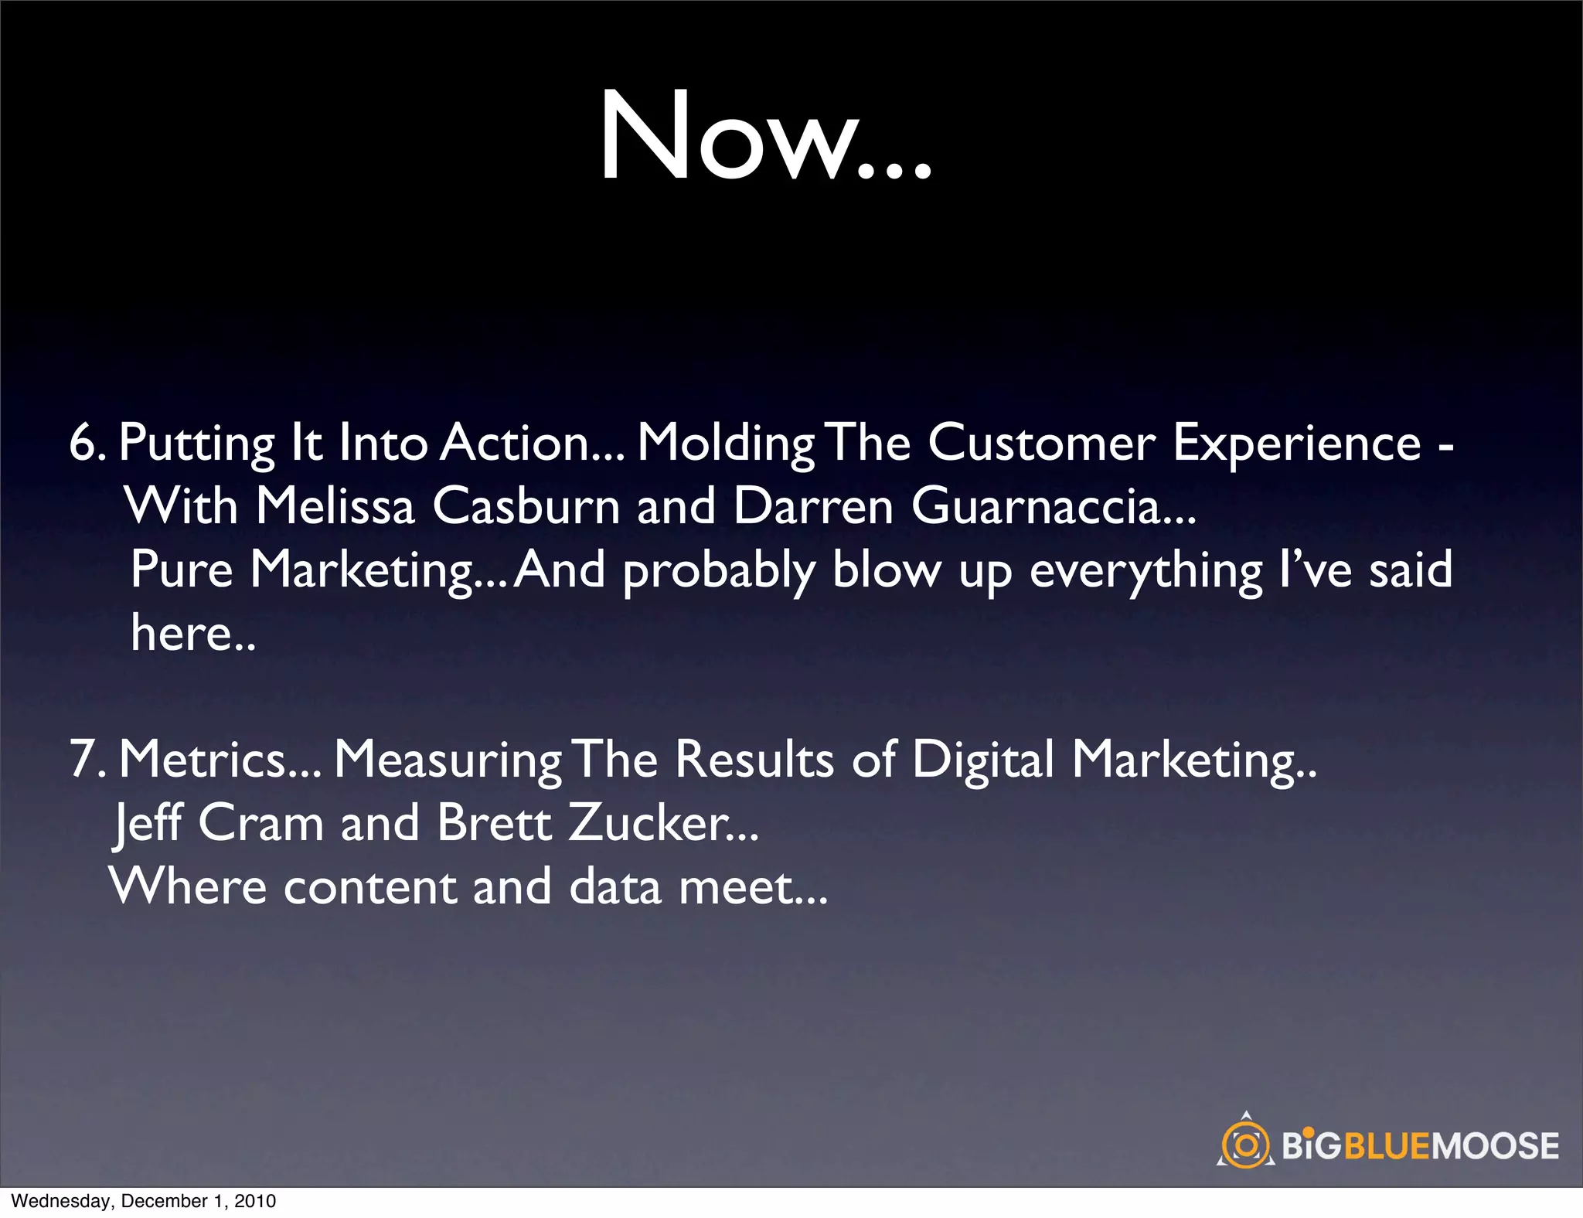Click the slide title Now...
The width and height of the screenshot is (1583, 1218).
pyautogui.click(x=765, y=138)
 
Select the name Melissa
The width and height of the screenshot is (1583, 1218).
pyautogui.click(x=335, y=507)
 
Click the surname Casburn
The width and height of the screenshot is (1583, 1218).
pyautogui.click(x=526, y=507)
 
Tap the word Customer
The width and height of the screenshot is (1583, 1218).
pyautogui.click(x=1041, y=444)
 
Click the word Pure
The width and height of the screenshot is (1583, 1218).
pyautogui.click(x=182, y=570)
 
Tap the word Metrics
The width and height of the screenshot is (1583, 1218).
pyautogui.click(x=203, y=759)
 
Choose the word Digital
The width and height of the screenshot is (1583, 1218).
pyautogui.click(x=982, y=760)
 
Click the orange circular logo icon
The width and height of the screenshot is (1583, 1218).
pyautogui.click(x=1245, y=1144)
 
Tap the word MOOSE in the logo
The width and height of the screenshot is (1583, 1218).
pyautogui.click(x=1495, y=1146)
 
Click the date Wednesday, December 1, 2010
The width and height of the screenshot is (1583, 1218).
pyautogui.click(x=144, y=1201)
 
